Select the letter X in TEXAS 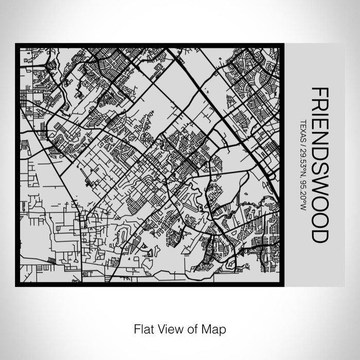click(302, 130)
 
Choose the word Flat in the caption click(142, 328)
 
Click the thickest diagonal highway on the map click(226, 113)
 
